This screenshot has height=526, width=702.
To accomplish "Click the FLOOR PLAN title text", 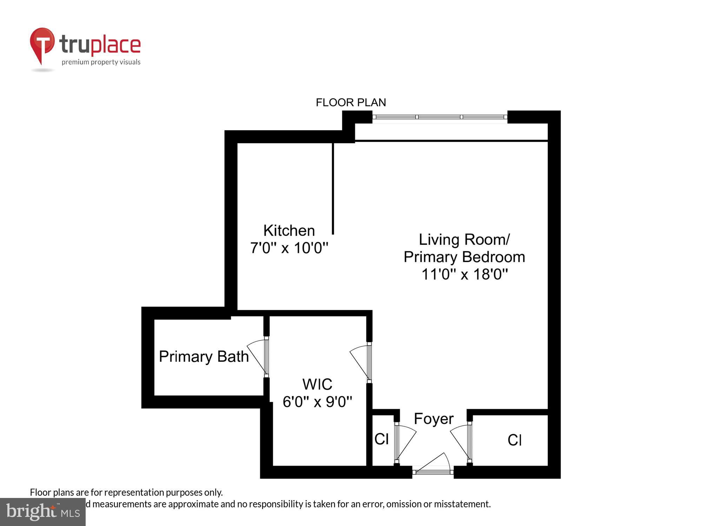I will point(351,102).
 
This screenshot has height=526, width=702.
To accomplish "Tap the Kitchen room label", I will point(289,231).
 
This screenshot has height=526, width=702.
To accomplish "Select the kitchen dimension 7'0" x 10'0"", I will point(289,248).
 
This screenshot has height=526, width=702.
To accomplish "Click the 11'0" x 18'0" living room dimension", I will point(464,274).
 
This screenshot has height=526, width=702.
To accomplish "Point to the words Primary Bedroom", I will point(464,257).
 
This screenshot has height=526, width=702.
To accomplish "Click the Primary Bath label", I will point(204,357).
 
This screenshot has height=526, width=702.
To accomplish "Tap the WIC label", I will point(317,384).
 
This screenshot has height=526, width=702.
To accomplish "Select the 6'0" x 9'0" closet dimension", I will point(317,402).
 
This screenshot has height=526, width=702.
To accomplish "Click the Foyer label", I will point(433,419).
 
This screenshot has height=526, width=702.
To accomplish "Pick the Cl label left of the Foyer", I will point(382,439).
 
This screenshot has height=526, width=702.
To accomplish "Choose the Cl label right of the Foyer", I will point(515,440).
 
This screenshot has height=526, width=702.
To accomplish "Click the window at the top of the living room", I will point(439,117).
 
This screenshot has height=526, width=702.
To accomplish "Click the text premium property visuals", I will point(101,62).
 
